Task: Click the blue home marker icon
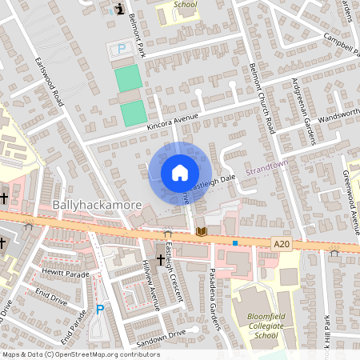click(180, 173)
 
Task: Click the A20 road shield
click(281, 245)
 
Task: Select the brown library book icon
click(202, 232)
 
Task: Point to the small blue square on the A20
click(235, 242)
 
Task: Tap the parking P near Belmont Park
click(122, 49)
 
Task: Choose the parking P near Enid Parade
click(100, 310)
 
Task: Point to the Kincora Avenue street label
click(171, 120)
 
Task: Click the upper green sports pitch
click(128, 78)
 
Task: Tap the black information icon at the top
click(119, 9)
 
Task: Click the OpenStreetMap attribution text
click(81, 354)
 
